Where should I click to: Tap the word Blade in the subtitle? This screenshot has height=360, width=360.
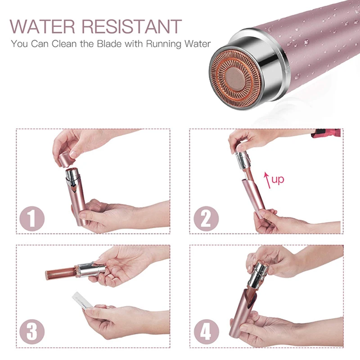[x=96, y=44]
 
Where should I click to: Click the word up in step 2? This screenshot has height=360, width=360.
[x=278, y=180]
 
